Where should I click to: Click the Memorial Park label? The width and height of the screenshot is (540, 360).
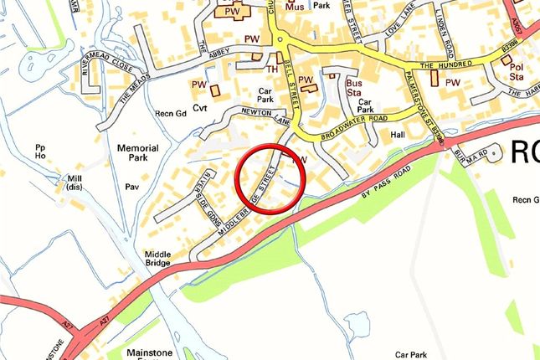[x=138, y=152]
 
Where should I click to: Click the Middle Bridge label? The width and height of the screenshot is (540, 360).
[x=157, y=259]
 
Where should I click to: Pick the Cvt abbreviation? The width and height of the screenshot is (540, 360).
[x=199, y=108]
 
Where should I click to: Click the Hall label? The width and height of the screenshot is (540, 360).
[x=397, y=134]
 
